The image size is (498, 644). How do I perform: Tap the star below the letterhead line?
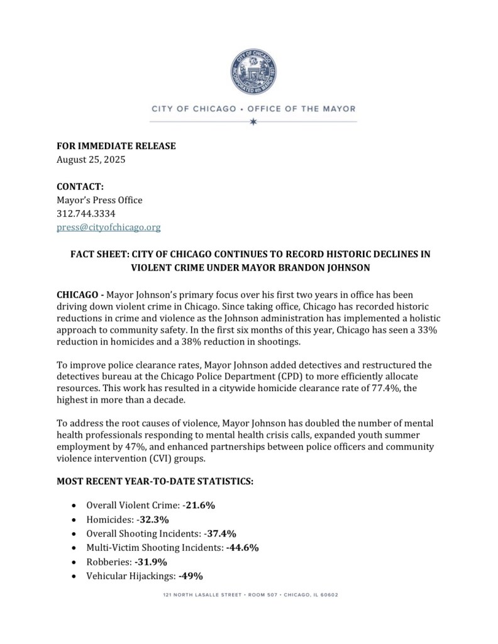pos(253,121)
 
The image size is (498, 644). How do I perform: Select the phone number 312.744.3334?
pos(86,214)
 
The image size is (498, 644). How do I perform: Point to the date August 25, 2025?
pos(91,159)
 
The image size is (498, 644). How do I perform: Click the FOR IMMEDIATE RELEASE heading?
pos(116,146)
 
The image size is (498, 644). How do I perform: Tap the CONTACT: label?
pos(80,187)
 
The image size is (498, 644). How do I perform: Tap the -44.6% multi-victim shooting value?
pos(242,548)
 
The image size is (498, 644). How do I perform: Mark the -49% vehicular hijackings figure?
pos(191,575)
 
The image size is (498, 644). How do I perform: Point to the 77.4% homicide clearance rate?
pos(386,389)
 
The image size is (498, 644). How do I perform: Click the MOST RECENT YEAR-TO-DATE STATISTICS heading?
pos(155,482)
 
